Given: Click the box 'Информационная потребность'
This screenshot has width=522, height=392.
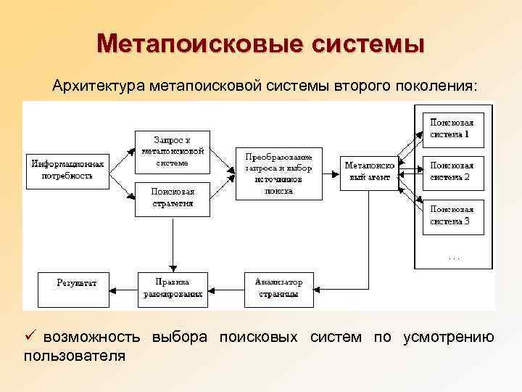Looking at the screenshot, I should point(67,170).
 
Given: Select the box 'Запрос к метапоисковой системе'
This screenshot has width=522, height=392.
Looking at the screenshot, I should point(172,151).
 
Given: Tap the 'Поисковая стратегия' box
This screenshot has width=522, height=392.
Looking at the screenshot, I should point(172,197).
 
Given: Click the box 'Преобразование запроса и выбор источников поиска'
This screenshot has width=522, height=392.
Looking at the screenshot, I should point(278,174).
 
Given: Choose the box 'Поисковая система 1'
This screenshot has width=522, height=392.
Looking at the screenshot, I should point(454,128).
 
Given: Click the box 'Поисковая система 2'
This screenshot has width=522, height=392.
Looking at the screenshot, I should point(454,171).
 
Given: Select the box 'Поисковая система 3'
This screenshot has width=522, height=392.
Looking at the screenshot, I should point(454,216).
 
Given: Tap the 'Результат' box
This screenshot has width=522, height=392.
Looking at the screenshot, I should point(72,288).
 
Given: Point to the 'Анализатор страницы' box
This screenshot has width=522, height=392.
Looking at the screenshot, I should point(279,288).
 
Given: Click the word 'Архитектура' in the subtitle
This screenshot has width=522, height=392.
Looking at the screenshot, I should point(99,86).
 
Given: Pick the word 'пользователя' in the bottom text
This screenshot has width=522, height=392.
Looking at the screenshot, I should point(75,356).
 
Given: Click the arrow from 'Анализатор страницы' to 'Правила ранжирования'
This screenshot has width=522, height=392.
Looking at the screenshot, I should point(225,288).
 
